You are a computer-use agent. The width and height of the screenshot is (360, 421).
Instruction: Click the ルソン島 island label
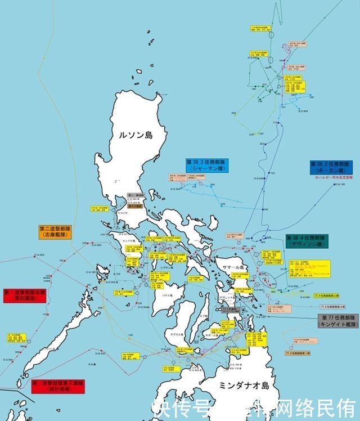[x=136, y=135]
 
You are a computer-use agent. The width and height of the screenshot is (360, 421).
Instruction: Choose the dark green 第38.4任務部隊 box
[x=306, y=241]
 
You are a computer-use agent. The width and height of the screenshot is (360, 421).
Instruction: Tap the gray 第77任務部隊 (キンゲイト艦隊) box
[x=337, y=321]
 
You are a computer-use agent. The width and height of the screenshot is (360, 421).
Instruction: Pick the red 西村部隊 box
[x=58, y=386]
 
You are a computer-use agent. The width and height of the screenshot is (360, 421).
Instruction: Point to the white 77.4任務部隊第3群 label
[x=332, y=307]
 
